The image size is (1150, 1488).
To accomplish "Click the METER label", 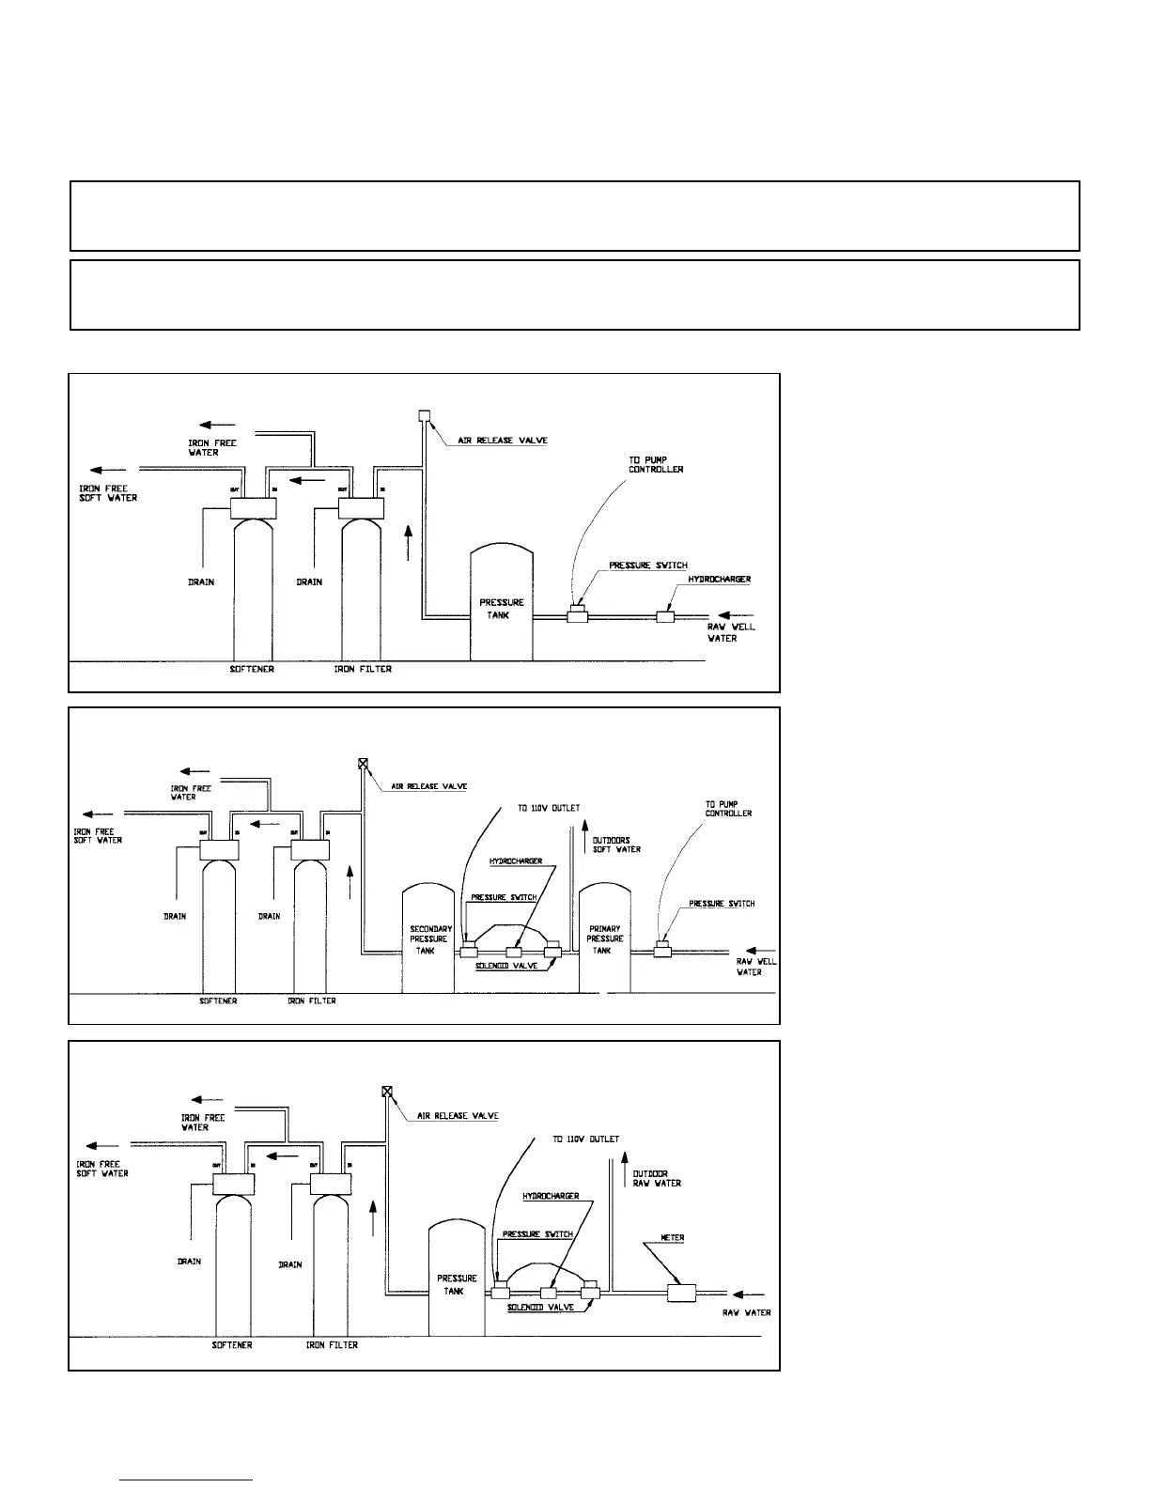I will tap(672, 1238).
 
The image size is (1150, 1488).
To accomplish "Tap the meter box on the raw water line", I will tap(681, 1294).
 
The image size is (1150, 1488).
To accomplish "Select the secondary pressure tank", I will tap(428, 939).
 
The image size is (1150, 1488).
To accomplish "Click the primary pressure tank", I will tap(604, 939).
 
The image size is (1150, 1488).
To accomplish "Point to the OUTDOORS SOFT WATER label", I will tap(616, 845).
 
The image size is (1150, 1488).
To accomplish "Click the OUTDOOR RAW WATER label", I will tap(657, 1178).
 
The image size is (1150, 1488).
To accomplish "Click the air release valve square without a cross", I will tap(424, 415).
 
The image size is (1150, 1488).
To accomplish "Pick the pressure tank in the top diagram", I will tap(501, 608).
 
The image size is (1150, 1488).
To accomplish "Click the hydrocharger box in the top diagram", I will tap(665, 616).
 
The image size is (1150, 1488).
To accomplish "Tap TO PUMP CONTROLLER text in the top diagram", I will tap(656, 464).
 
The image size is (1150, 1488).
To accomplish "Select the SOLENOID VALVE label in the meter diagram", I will tap(540, 1308).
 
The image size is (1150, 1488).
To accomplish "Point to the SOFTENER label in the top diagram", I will tap(252, 669).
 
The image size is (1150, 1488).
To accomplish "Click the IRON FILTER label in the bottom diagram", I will tap(332, 1345).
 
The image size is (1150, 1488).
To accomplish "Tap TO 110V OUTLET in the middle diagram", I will tap(549, 808).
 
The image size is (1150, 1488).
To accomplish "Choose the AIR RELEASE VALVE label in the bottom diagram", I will tap(458, 1116).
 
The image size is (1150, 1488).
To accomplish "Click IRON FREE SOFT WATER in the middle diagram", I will tap(98, 835).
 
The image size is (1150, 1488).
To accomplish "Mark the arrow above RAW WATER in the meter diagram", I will tap(749, 1293).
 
